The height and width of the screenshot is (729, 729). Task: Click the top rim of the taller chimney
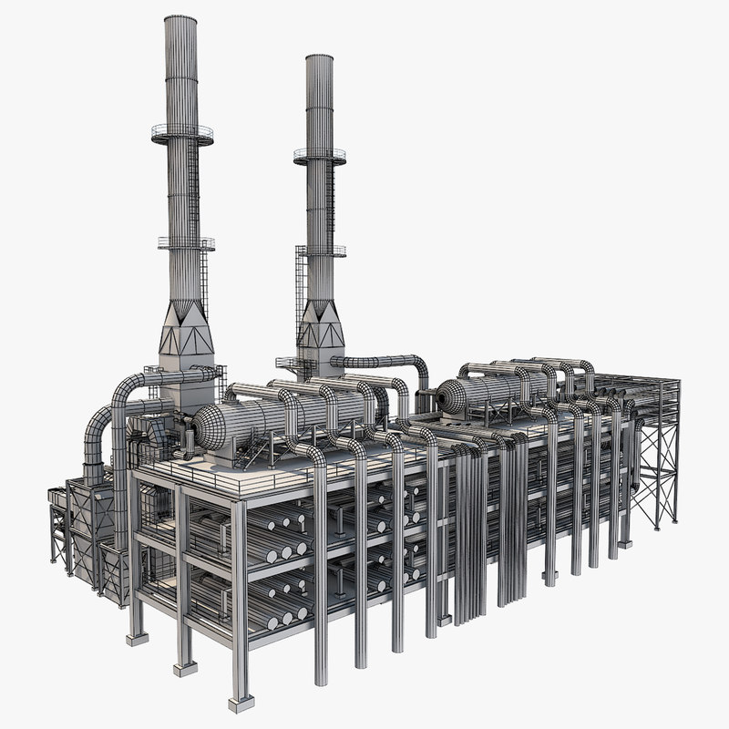(x=180, y=17)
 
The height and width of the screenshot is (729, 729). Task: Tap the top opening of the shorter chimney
(x=319, y=57)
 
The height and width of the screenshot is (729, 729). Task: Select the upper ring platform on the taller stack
(x=182, y=134)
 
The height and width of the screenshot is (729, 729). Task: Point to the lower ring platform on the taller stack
(x=186, y=243)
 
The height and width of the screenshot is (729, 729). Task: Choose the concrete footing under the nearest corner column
(x=241, y=703)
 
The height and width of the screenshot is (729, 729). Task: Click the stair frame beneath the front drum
(x=264, y=451)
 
